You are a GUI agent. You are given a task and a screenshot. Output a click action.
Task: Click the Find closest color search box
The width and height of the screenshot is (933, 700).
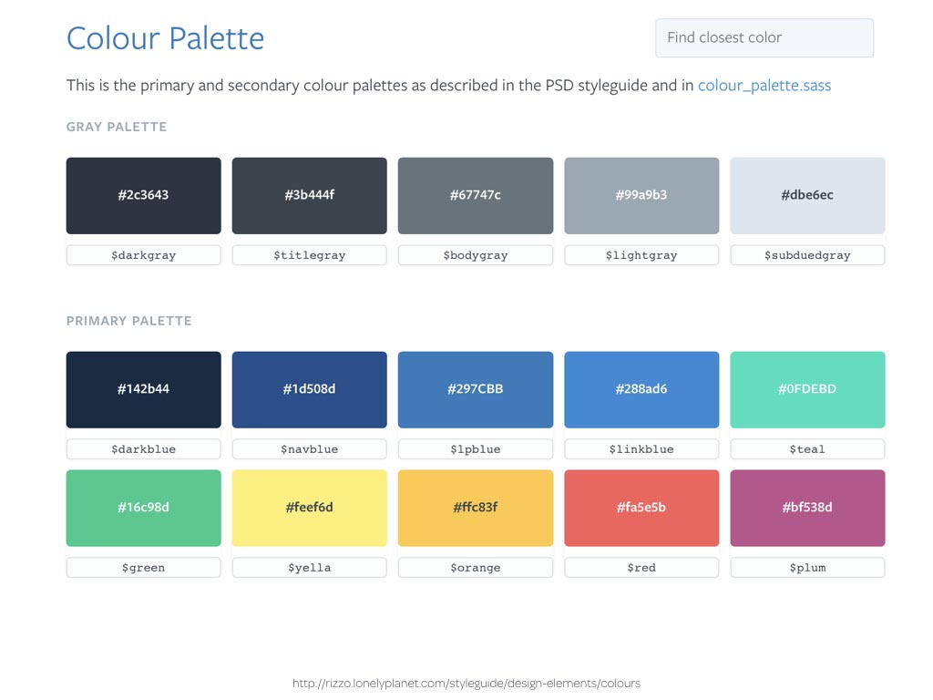(764, 38)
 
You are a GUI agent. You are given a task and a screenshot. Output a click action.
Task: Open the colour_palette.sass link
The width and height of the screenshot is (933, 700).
(764, 86)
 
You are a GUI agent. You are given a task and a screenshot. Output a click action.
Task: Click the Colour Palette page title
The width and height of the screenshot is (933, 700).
(165, 38)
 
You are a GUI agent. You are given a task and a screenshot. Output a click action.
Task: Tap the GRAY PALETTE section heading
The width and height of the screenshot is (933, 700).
(117, 127)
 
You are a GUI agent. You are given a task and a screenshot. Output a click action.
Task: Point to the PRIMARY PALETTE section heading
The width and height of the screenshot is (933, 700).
(129, 321)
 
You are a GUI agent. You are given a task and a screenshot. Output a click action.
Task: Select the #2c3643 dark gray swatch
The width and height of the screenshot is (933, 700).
(143, 196)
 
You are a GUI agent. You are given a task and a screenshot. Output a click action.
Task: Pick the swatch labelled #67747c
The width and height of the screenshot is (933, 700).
(476, 196)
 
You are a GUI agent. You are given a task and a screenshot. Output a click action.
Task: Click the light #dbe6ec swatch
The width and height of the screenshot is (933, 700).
(807, 196)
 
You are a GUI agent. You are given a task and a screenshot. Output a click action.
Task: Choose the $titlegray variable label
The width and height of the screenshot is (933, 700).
(310, 255)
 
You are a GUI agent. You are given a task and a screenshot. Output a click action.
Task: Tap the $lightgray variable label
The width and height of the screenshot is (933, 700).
(641, 255)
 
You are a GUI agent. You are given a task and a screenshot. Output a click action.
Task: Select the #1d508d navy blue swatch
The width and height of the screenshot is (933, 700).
(310, 390)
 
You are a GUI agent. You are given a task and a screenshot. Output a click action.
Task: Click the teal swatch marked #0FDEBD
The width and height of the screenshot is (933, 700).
(807, 390)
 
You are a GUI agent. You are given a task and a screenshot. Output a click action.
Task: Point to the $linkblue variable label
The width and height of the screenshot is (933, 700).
(641, 449)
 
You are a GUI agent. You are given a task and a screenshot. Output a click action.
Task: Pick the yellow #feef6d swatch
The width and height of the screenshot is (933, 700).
(310, 508)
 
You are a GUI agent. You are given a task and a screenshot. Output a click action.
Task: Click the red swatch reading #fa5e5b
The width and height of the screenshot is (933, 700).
(641, 508)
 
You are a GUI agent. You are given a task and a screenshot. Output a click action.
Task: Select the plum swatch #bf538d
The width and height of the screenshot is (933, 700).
(807, 508)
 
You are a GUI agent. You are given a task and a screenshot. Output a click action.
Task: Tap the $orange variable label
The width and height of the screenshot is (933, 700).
(476, 568)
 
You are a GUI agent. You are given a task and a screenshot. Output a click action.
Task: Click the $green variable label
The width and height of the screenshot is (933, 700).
(143, 568)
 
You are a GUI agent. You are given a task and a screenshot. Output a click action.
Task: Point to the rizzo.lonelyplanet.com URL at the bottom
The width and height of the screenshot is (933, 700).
(466, 684)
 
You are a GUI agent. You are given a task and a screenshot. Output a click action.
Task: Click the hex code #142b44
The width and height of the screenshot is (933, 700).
(143, 389)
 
